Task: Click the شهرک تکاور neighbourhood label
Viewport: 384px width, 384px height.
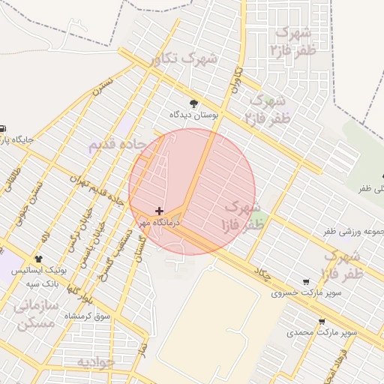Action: [184, 58]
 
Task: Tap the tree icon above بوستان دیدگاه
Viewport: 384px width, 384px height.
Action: [194, 103]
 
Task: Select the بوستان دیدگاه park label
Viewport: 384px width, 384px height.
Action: [194, 115]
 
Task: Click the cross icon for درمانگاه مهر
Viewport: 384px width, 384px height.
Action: [159, 211]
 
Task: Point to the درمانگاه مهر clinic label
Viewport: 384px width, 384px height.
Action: [154, 223]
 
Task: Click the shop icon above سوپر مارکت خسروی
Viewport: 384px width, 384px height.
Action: [305, 282]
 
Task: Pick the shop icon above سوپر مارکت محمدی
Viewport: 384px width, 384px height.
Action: [322, 322]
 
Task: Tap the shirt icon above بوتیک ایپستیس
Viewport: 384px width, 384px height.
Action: [39, 258]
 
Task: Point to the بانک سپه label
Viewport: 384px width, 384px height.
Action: [43, 284]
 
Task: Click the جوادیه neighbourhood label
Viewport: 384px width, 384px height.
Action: [94, 361]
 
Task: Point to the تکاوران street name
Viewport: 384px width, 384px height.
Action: [238, 79]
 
